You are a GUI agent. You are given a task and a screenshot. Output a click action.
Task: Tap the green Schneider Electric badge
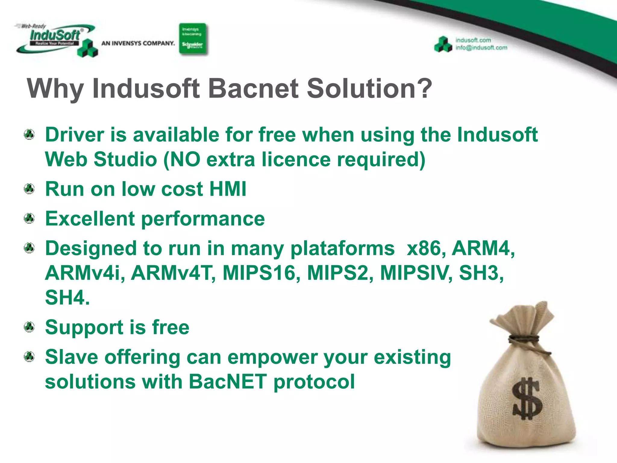tap(193, 39)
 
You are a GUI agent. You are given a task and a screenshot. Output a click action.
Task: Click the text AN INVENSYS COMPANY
tap(138, 43)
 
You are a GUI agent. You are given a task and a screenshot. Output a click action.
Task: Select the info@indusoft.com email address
tap(481, 48)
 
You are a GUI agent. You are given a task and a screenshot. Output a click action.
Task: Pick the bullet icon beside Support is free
tap(29, 327)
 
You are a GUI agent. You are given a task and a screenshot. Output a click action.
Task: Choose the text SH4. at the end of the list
tap(67, 298)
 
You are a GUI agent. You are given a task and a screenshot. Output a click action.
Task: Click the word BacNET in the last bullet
tap(227, 381)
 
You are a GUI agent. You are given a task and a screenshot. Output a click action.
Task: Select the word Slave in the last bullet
tap(71, 357)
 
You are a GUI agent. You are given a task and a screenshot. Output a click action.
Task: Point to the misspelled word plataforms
tap(342, 249)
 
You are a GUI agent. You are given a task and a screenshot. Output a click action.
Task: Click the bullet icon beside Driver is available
tap(29, 134)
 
